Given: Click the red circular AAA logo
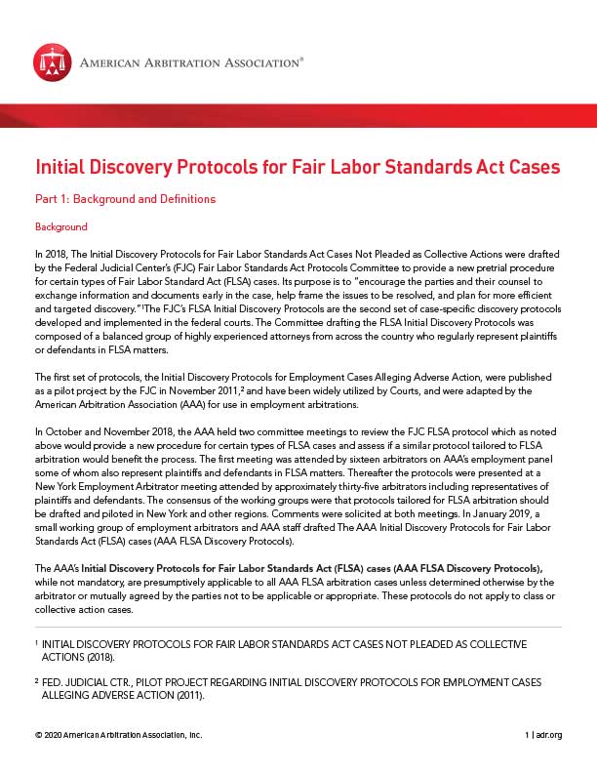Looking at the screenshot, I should (x=52, y=63).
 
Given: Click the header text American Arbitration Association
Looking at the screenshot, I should (x=190, y=63).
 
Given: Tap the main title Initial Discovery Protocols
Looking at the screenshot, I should (x=298, y=166).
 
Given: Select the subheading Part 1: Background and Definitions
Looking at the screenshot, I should (x=125, y=199).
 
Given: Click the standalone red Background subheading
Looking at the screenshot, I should (x=60, y=227).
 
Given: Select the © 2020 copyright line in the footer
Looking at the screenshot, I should (x=117, y=734).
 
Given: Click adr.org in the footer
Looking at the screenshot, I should (x=549, y=734).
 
